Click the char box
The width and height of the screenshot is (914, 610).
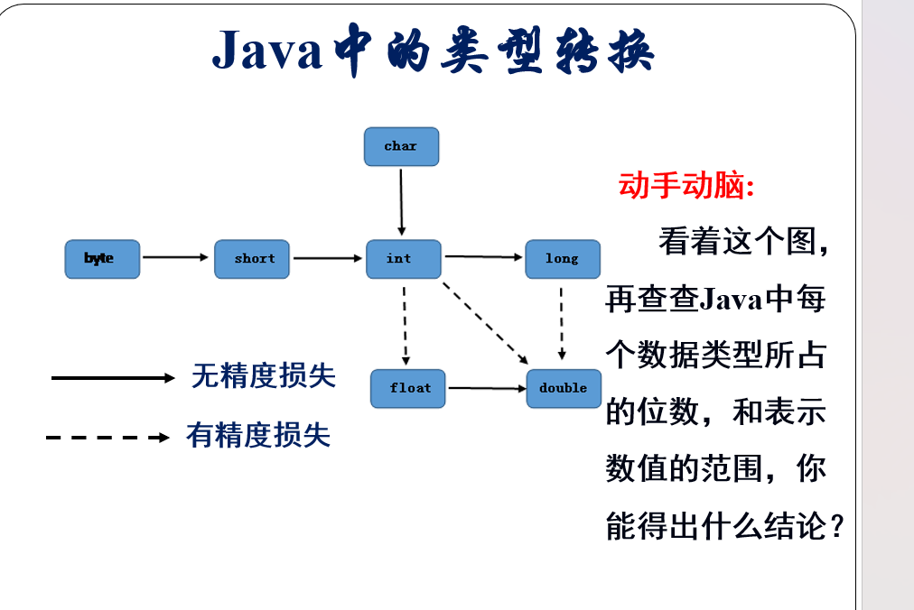[401, 146]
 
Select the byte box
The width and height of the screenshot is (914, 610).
[102, 259]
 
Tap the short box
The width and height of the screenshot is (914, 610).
[252, 259]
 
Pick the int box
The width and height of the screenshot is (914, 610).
[403, 259]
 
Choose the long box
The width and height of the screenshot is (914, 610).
[563, 259]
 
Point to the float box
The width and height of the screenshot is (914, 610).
[408, 388]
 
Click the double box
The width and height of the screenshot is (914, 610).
[564, 388]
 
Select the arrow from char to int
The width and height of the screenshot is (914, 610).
[401, 200]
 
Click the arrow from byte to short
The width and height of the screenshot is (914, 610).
[176, 257]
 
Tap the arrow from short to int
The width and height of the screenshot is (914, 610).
[327, 258]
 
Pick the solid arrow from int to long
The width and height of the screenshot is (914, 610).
[483, 257]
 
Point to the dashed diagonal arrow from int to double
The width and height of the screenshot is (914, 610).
[486, 323]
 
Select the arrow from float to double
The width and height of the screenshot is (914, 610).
[486, 388]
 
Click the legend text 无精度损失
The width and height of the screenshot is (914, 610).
[263, 375]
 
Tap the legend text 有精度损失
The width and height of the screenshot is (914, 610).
[258, 436]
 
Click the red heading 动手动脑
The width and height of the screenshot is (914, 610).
[685, 186]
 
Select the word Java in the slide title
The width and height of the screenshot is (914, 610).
[267, 51]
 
